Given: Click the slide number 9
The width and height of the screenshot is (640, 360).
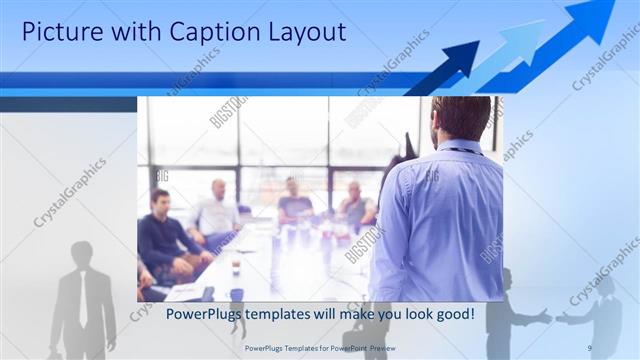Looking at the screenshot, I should [x=590, y=348].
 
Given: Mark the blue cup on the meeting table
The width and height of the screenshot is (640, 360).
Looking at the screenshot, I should [x=236, y=294].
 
